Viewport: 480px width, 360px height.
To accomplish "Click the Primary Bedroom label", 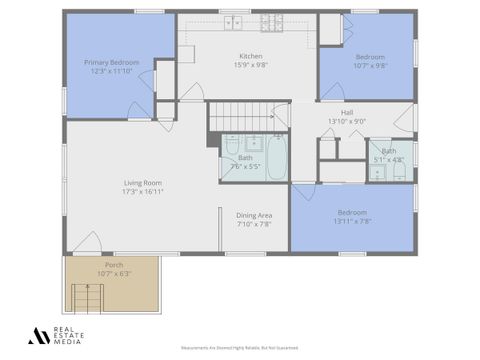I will click(110, 62).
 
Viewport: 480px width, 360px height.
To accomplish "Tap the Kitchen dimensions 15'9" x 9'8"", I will click(251, 65).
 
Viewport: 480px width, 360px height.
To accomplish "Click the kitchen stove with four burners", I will click(272, 21).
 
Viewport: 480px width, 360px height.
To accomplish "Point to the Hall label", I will click(346, 113).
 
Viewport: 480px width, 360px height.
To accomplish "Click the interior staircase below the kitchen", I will click(247, 116).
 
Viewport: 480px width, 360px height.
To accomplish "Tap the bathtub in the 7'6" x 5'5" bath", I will click(276, 157).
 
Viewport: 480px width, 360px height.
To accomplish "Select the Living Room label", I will click(143, 183).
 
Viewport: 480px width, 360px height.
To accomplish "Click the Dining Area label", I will click(254, 215).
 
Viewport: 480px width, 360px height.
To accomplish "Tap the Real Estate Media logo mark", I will click(38, 336).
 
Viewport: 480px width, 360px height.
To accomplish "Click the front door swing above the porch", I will click(87, 243).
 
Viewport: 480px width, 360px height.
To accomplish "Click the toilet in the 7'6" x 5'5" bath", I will click(232, 145).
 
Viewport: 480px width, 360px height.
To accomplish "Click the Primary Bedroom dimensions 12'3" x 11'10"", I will click(110, 71).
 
